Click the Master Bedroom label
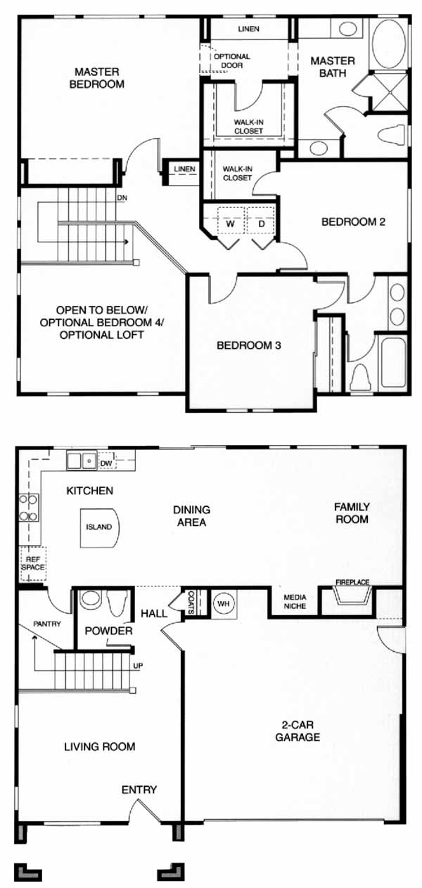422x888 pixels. [97, 78]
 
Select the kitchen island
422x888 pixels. [99, 527]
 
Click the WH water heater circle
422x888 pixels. [224, 604]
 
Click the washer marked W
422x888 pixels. [231, 224]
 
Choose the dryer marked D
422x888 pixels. [262, 224]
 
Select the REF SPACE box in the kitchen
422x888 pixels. [33, 563]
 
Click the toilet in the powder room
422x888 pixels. [117, 603]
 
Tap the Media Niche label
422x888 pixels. [295, 602]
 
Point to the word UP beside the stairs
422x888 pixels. [138, 666]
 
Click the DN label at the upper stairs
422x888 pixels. [122, 198]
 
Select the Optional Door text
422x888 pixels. [232, 60]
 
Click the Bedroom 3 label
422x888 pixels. [249, 345]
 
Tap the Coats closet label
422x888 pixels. [191, 603]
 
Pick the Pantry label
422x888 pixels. [47, 624]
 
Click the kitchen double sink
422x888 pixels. [82, 461]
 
